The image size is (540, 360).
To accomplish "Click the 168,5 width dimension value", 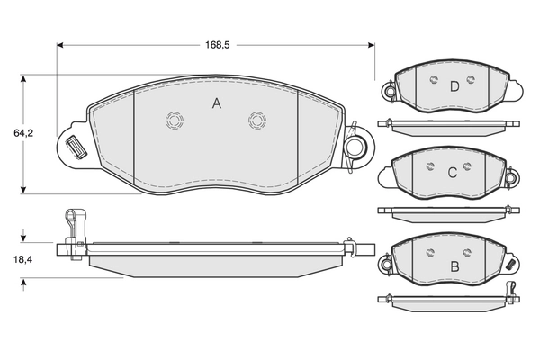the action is coord(217,45).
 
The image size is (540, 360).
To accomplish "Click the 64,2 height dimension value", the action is coord(23,133).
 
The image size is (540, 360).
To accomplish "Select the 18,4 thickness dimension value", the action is coord(23,259).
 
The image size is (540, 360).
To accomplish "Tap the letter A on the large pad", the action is coord(217,103).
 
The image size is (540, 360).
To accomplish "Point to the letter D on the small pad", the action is coord(454,86).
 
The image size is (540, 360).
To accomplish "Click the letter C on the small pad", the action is coord(453,172).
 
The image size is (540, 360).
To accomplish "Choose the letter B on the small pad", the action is coord(454,266).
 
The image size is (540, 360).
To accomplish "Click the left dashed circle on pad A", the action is coord(175,121).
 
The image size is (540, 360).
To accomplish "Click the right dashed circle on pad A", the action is coord(257,121).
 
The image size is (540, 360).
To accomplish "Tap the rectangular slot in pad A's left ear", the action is coord(76,147).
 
